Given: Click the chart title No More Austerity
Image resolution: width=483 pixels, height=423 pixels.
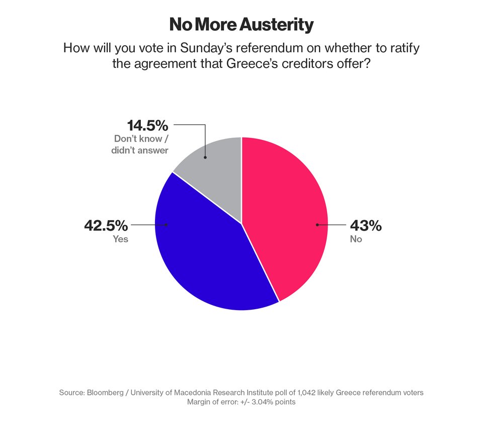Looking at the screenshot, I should pyautogui.click(x=241, y=25).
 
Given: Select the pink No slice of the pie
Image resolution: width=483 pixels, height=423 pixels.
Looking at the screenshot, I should pyautogui.click(x=287, y=217).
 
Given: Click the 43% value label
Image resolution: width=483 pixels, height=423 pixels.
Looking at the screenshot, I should pyautogui.click(x=366, y=226).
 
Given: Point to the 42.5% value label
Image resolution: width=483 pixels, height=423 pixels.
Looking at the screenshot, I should pyautogui.click(x=106, y=226).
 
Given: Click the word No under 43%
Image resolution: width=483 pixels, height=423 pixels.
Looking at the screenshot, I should pyautogui.click(x=356, y=239).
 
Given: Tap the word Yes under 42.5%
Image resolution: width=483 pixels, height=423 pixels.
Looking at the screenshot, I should pyautogui.click(x=120, y=239).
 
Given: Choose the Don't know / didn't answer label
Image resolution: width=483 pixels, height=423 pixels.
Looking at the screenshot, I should pyautogui.click(x=140, y=144).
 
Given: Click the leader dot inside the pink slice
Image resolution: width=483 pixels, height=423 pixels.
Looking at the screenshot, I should pyautogui.click(x=317, y=225).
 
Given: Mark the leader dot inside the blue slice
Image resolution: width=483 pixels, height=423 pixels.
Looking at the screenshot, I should pyautogui.click(x=167, y=225).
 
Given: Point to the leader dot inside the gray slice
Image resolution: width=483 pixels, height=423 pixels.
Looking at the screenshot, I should pyautogui.click(x=205, y=157).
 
